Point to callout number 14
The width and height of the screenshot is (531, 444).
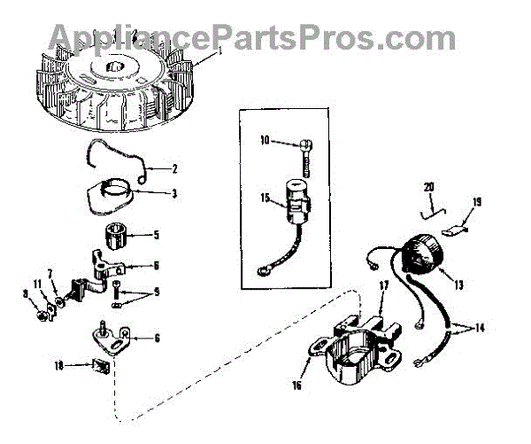click(479, 327)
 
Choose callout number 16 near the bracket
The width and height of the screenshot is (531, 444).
click(296, 386)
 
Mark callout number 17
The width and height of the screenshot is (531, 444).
click(384, 284)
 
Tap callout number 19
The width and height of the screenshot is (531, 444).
click(477, 202)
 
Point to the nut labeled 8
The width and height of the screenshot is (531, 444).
click(42, 312)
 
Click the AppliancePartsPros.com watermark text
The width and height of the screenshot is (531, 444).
click(252, 37)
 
